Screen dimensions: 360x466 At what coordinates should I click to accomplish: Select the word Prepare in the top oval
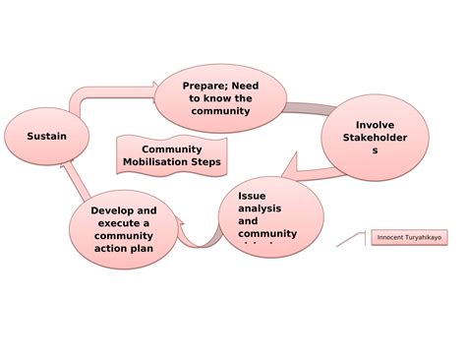click(x=204, y=86)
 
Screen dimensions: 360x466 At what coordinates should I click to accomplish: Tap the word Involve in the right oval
click(x=375, y=125)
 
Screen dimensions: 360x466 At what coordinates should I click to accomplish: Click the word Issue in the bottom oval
click(x=252, y=196)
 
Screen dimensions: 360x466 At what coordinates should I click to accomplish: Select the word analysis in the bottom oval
click(x=261, y=209)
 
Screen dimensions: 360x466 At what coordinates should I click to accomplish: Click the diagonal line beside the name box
click(x=351, y=239)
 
